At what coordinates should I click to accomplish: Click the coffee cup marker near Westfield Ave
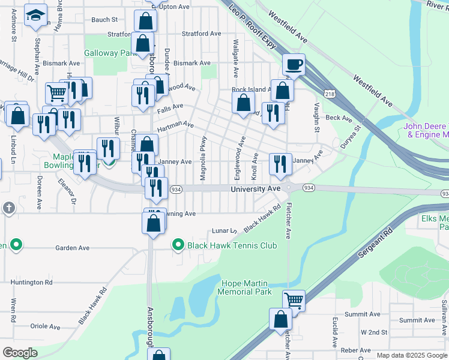pyautogui.click(x=294, y=65)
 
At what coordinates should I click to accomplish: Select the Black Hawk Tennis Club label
pyautogui.click(x=232, y=245)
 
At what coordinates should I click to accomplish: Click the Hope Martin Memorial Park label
pyautogui.click(x=246, y=287)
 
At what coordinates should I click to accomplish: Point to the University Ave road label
pyautogui.click(x=256, y=189)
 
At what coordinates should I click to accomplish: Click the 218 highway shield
pyautogui.click(x=330, y=94)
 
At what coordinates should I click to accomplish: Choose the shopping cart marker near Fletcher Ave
pyautogui.click(x=294, y=300)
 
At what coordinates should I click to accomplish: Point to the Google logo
pyautogui.click(x=20, y=353)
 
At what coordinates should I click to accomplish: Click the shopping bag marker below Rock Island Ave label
pyautogui.click(x=244, y=103)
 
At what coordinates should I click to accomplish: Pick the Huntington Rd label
pyautogui.click(x=36, y=282)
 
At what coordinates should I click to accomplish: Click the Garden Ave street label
pyautogui.click(x=72, y=248)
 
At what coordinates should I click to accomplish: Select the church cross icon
pyautogui.click(x=8, y=208)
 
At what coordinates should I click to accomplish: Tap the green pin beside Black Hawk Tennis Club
pyautogui.click(x=178, y=245)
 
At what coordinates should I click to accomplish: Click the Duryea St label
pyautogui.click(x=351, y=136)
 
